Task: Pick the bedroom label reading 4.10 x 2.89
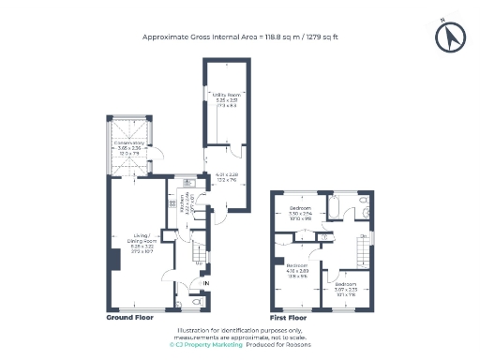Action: [x=298, y=271]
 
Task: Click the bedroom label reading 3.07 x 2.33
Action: [x=346, y=287]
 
